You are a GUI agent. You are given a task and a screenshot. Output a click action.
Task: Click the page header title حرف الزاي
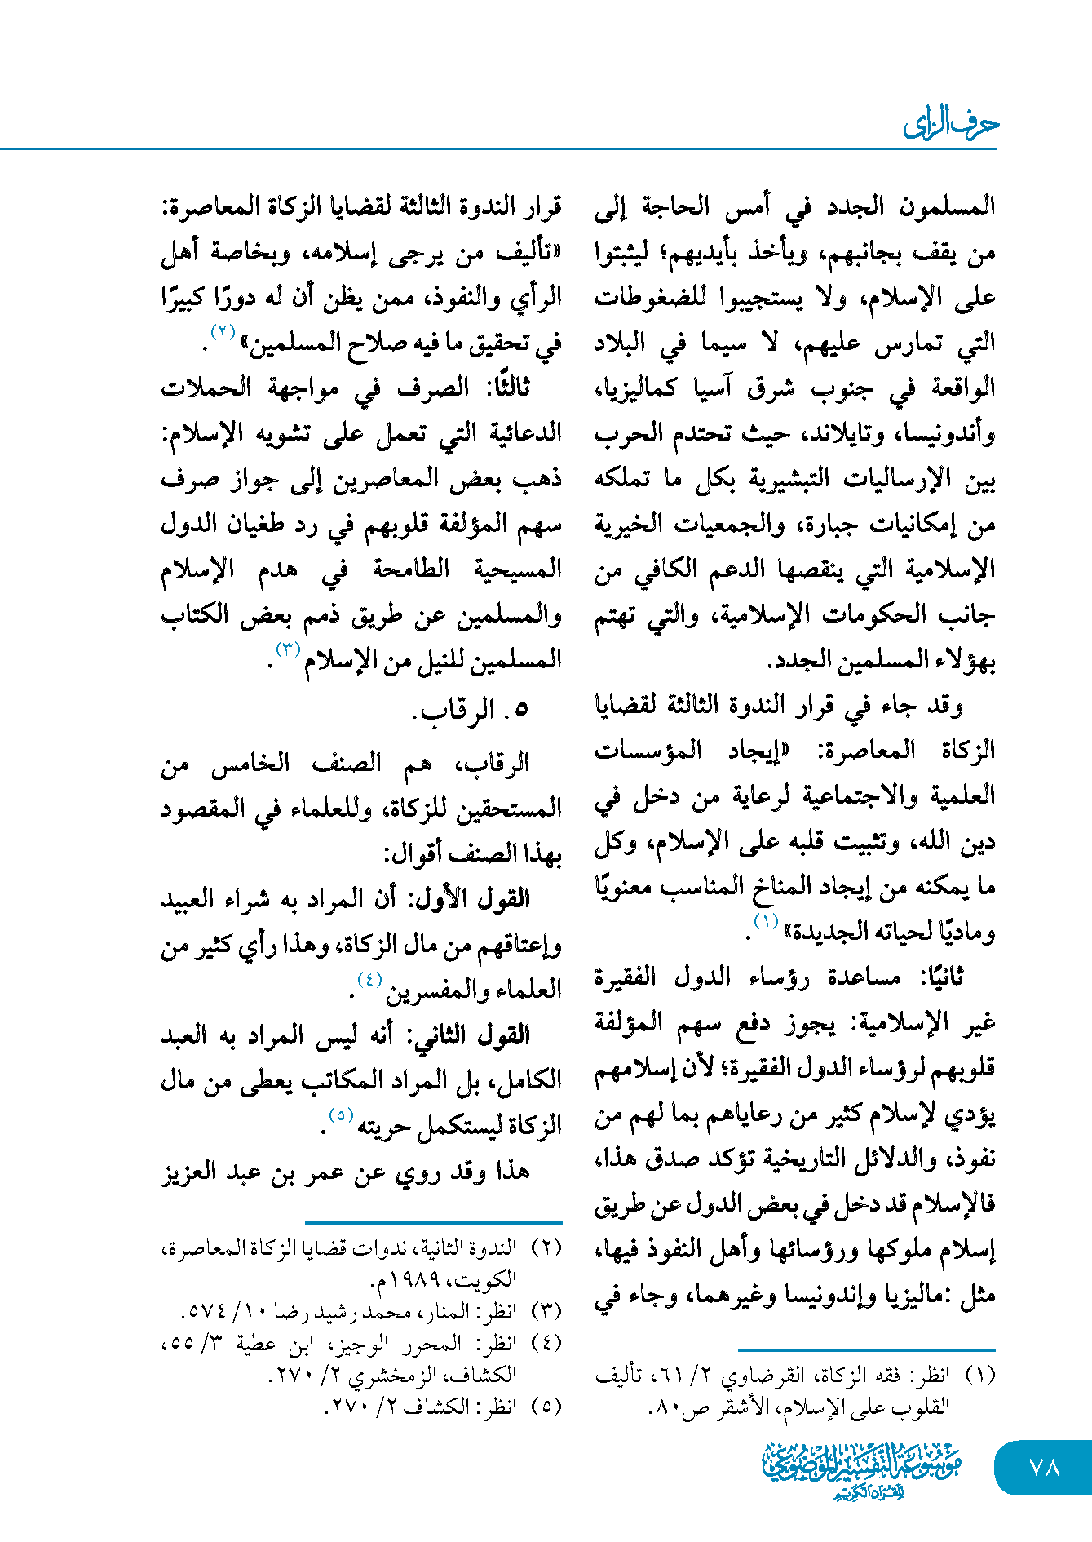[x=951, y=125]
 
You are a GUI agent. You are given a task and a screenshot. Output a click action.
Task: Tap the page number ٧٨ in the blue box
[x=1044, y=1467]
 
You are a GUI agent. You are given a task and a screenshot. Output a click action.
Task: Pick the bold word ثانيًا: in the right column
[x=942, y=977]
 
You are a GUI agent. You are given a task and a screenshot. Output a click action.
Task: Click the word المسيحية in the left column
[x=519, y=569]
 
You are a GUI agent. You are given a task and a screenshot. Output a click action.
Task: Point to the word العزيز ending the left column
[x=192, y=1172]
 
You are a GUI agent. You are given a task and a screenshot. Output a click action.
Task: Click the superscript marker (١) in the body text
[x=766, y=922]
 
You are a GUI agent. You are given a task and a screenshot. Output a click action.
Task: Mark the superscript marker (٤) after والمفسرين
[x=369, y=980]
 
